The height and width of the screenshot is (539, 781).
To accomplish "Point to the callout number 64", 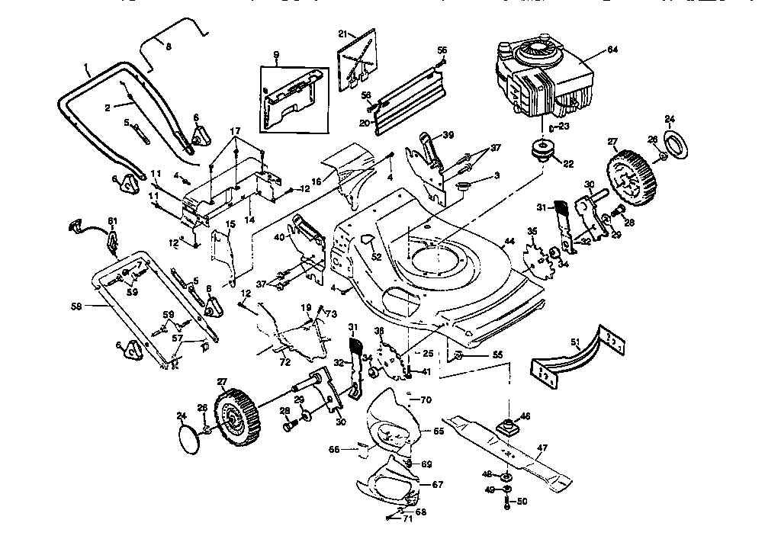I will [612, 50].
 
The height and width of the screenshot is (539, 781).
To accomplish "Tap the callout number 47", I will [542, 448].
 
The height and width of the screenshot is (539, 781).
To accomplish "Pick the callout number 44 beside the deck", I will [509, 242].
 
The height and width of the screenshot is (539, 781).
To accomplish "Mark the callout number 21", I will [342, 34].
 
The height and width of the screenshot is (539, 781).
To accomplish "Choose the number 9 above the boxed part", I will [276, 54].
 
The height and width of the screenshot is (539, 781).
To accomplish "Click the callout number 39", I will [448, 134].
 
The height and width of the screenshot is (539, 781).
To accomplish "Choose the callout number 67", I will [437, 484].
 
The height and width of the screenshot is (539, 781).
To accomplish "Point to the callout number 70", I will [426, 399].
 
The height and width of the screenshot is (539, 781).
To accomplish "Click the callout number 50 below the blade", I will [522, 502].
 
